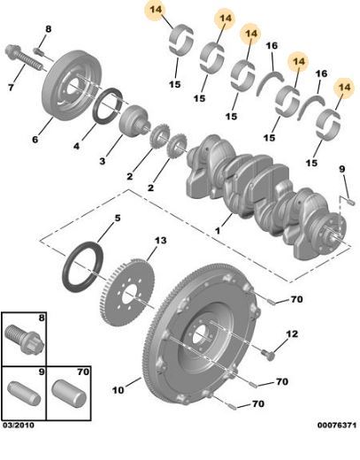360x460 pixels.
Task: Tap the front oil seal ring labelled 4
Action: point(109,106)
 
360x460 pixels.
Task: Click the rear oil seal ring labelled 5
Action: point(82,267)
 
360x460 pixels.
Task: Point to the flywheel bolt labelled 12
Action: point(268,354)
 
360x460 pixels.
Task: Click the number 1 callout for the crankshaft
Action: point(218,231)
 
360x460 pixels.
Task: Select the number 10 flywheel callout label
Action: point(118,390)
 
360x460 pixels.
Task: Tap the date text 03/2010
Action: point(19,425)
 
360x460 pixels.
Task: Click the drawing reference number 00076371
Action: point(337,425)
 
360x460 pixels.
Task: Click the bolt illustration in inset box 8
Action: point(25,339)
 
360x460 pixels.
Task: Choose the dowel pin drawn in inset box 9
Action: point(24,394)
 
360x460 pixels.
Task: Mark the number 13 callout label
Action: point(160,241)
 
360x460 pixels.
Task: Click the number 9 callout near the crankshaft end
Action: point(341,169)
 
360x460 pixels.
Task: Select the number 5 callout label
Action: point(118,218)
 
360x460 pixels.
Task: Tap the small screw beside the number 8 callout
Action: point(39,51)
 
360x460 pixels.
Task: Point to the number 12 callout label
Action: point(292,334)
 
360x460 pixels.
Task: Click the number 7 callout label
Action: point(11,88)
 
